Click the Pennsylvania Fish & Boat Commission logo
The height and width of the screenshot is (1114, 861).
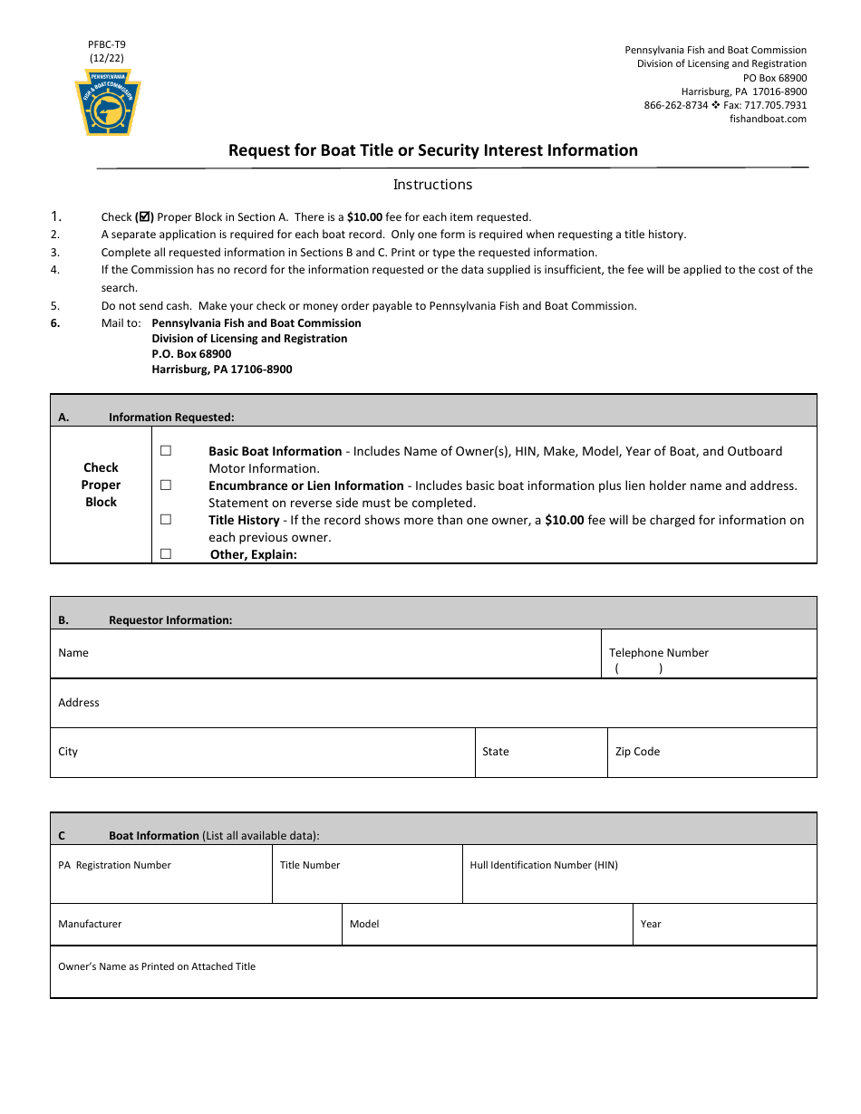pyautogui.click(x=108, y=101)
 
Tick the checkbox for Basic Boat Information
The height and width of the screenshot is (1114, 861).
pyautogui.click(x=166, y=450)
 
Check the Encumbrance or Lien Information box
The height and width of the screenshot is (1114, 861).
pyautogui.click(x=166, y=485)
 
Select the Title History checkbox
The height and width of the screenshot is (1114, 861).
pyautogui.click(x=166, y=519)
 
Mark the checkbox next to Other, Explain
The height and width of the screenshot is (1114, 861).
pyautogui.click(x=166, y=553)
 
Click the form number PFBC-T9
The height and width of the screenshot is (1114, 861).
pyautogui.click(x=107, y=43)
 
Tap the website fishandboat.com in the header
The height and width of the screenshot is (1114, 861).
pyautogui.click(x=768, y=119)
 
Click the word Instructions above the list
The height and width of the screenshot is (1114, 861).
pyautogui.click(x=432, y=185)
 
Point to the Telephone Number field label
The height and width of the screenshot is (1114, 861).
pyautogui.click(x=658, y=652)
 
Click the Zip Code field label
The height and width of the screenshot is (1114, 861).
pyautogui.click(x=637, y=752)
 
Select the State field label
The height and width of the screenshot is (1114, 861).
pyautogui.click(x=495, y=752)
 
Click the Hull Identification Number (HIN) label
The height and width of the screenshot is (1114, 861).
pyautogui.click(x=543, y=865)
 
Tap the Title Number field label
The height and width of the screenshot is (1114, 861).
pyautogui.click(x=309, y=865)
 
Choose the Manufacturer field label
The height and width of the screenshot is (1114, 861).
pyautogui.click(x=90, y=924)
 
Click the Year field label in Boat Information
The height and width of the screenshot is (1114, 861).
pyautogui.click(x=650, y=924)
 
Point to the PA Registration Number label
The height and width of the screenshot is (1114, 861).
pyautogui.click(x=114, y=865)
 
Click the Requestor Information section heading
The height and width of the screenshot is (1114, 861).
pyautogui.click(x=170, y=620)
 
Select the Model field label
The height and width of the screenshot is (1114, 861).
pyautogui.click(x=364, y=924)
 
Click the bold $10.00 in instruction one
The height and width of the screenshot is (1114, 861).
pyautogui.click(x=364, y=217)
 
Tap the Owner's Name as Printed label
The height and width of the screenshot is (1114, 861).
pyautogui.click(x=157, y=966)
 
